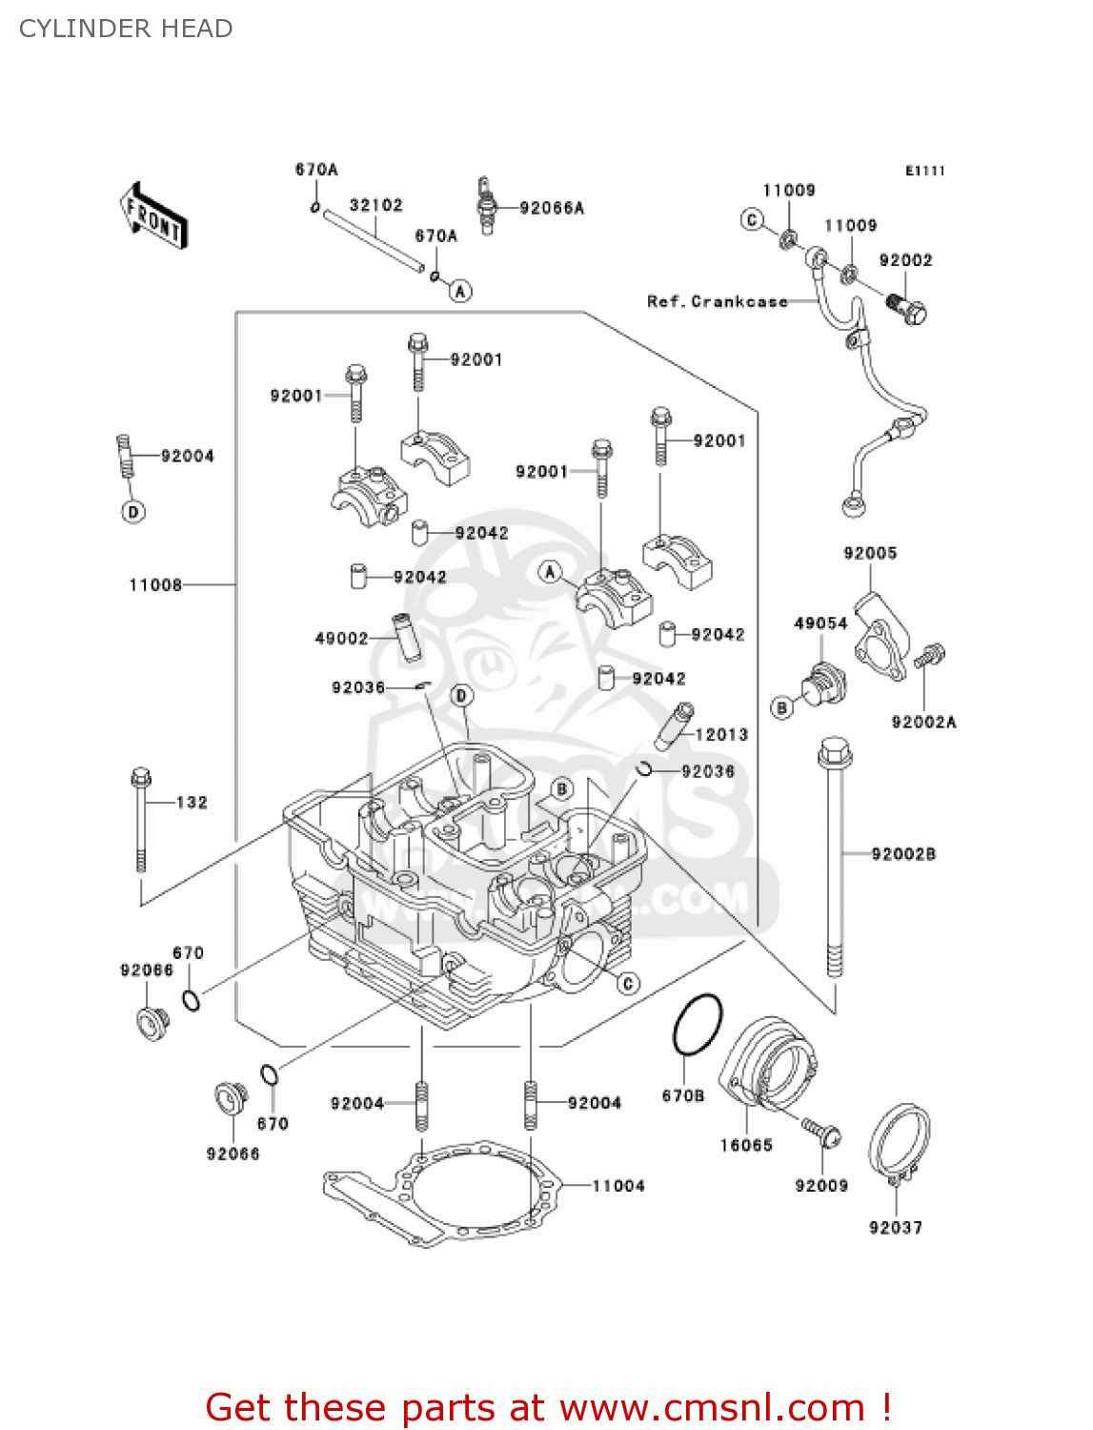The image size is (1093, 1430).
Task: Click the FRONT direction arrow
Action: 153,215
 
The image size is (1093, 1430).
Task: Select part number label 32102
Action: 376,205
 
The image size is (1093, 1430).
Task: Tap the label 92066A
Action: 552,208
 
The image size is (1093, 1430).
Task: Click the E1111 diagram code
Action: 924,171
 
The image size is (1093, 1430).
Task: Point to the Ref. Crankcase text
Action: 718,301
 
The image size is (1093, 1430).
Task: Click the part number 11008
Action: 155,584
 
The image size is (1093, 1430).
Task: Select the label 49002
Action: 341,638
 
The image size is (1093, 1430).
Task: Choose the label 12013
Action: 721,734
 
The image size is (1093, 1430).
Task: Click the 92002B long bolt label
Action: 903,853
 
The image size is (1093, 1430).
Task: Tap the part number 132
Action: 192,803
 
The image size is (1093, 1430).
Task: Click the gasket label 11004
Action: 618,1185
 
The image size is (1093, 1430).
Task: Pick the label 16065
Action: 746,1145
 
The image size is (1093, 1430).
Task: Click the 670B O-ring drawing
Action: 698,1025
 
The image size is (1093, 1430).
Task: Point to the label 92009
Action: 821,1185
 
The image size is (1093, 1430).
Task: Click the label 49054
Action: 820,623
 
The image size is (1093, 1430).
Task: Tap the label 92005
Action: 870,553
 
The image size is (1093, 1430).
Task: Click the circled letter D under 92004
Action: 133,512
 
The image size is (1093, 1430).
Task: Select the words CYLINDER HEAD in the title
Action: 126,29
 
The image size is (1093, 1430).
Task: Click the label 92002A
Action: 923,722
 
